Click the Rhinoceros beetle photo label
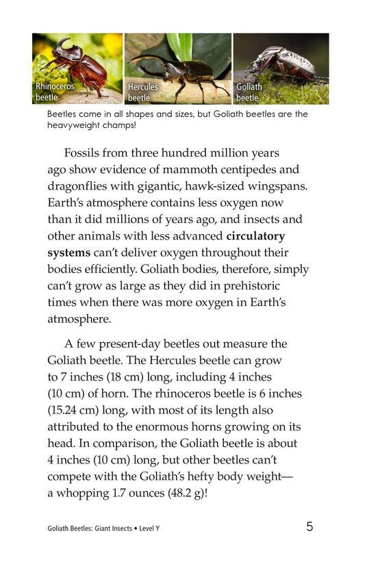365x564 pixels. (x=55, y=92)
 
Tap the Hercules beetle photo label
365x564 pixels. (x=142, y=92)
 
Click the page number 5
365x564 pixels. (x=310, y=527)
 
